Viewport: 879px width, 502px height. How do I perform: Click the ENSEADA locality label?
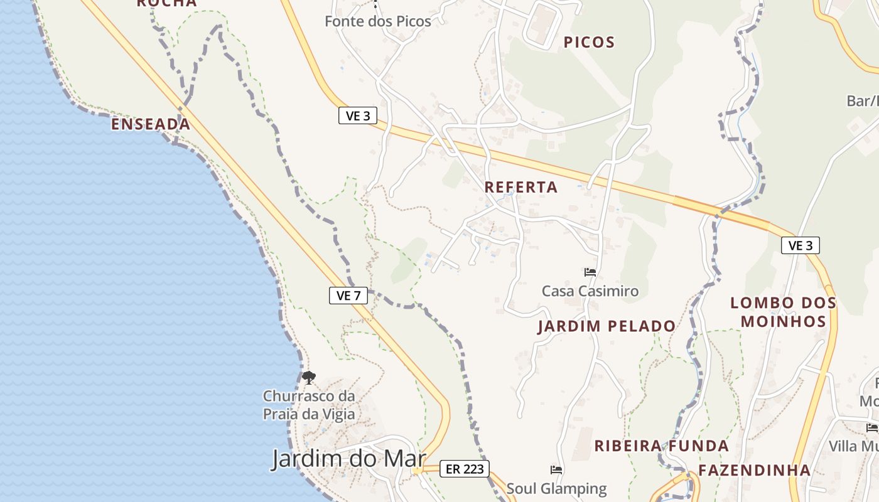[x=151, y=124]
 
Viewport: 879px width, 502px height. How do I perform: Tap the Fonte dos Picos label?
[x=378, y=21]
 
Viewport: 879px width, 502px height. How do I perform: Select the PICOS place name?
[x=589, y=43]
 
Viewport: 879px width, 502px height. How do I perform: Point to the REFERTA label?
[x=521, y=187]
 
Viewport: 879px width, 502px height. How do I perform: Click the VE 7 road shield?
[x=348, y=296]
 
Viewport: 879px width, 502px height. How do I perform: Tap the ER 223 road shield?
[x=464, y=468]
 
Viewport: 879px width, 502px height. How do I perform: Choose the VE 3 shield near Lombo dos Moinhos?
[x=801, y=245]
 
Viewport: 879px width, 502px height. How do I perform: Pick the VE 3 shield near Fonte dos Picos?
[x=358, y=115]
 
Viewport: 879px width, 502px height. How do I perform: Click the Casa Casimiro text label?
[x=590, y=291]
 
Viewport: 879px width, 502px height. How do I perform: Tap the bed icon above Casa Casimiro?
[x=590, y=272]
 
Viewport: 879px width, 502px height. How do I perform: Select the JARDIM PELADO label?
[x=607, y=326]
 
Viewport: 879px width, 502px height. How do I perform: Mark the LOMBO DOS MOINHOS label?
[x=784, y=312]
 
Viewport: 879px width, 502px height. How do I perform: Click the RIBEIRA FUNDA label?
[x=662, y=446]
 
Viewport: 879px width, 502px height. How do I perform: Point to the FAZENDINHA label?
[x=755, y=470]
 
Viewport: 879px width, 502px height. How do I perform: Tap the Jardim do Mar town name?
[x=349, y=459]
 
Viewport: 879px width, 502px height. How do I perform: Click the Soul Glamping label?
[x=557, y=488]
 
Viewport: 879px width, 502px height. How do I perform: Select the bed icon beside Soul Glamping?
[x=556, y=469]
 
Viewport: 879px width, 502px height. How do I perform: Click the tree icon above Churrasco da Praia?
[x=308, y=378]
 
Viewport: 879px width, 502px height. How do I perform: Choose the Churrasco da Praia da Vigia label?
[x=309, y=405]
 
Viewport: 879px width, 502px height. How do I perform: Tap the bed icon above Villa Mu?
[x=872, y=428]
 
